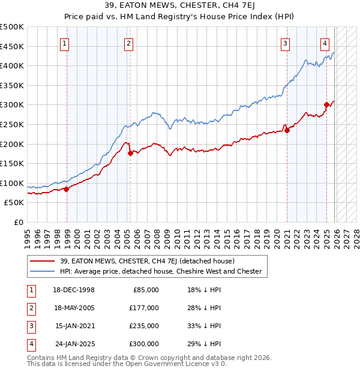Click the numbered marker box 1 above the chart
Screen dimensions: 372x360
pyautogui.click(x=64, y=43)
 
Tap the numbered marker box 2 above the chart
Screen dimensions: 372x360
pyautogui.click(x=128, y=43)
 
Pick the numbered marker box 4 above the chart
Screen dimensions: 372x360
pyautogui.click(x=325, y=43)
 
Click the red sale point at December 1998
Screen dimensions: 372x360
pyautogui.click(x=67, y=189)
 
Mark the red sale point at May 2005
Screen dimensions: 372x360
pyautogui.click(x=130, y=153)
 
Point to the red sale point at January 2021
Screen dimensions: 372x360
pyautogui.click(x=287, y=130)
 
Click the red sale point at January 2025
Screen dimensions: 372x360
pyautogui.click(x=327, y=104)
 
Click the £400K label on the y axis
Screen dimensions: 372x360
pyautogui.click(x=12, y=65)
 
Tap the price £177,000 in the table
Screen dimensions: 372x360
pyautogui.click(x=144, y=307)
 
